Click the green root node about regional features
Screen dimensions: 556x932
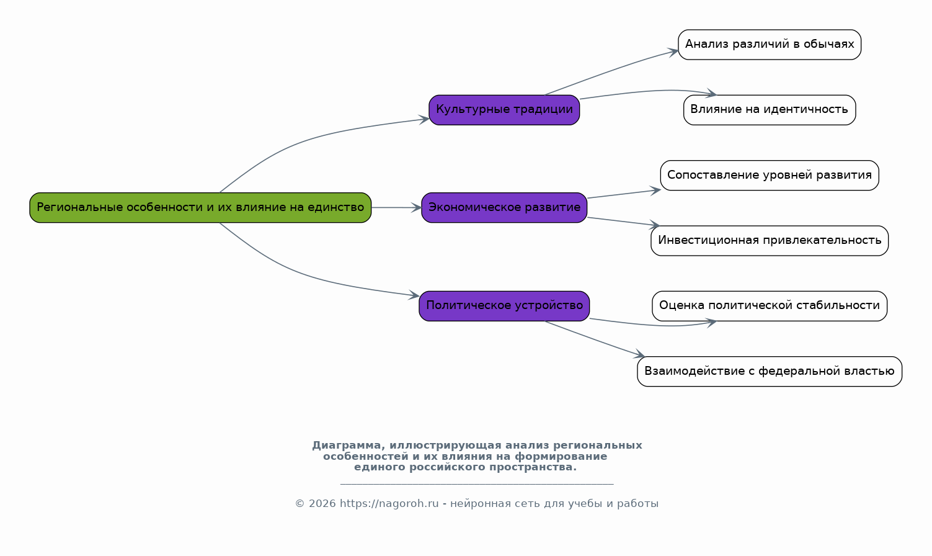click(x=200, y=207)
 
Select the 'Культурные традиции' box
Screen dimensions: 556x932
click(x=504, y=110)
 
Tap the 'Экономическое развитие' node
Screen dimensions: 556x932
click(x=504, y=207)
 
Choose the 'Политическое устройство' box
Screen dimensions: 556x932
click(x=504, y=306)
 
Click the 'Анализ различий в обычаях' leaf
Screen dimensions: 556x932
click(x=770, y=45)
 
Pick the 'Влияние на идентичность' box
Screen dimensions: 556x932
click(x=770, y=110)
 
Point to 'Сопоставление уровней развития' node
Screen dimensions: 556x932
click(x=770, y=175)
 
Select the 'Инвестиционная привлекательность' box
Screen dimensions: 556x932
click(x=770, y=241)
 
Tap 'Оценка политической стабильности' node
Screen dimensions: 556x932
click(x=770, y=306)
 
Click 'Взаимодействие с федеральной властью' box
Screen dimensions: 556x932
click(x=770, y=371)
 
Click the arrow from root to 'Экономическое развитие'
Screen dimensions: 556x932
click(x=396, y=207)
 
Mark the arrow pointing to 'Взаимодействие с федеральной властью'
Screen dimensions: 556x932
click(x=595, y=339)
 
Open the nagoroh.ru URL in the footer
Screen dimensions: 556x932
click(x=389, y=504)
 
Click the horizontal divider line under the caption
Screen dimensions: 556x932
click(x=477, y=484)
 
